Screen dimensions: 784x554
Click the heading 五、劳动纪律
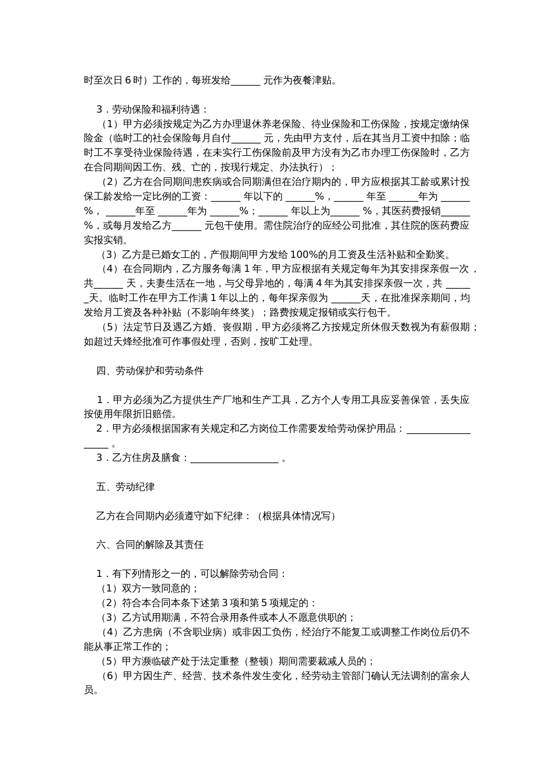coord(125,487)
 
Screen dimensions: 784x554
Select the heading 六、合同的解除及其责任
coord(150,545)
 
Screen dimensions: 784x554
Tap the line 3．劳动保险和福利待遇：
coord(152,110)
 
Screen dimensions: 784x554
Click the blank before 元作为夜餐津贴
coord(246,81)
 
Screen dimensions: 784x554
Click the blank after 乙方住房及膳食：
coord(234,459)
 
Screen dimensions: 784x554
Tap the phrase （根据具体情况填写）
coord(296,516)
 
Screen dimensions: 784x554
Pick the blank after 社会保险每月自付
coord(246,139)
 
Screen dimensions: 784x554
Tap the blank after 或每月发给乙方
coord(187,226)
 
